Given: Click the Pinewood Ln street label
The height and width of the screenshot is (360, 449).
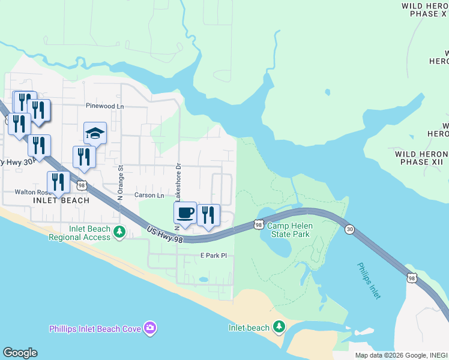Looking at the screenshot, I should pyautogui.click(x=104, y=106).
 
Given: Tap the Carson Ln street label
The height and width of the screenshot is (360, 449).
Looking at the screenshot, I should pyautogui.click(x=149, y=196).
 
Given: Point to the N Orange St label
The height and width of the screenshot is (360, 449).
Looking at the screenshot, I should pyautogui.click(x=120, y=182).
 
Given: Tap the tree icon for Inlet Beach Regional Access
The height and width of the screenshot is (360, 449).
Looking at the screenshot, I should pyautogui.click(x=119, y=232).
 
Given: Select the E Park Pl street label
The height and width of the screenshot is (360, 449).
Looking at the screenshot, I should pyautogui.click(x=214, y=256).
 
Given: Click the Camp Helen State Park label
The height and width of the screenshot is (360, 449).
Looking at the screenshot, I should pyautogui.click(x=288, y=230).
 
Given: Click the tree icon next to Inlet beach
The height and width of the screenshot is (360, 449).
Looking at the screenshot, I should pyautogui.click(x=279, y=327).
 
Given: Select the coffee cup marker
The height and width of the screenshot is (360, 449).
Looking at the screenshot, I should pyautogui.click(x=185, y=212).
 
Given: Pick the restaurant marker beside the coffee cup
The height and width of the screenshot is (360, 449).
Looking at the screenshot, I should pyautogui.click(x=208, y=215).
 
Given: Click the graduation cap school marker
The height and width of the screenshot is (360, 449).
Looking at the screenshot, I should pyautogui.click(x=95, y=133).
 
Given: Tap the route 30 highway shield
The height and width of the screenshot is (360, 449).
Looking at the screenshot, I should pyautogui.click(x=349, y=229).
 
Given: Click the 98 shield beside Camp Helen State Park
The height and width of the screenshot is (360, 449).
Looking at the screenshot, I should pyautogui.click(x=258, y=224).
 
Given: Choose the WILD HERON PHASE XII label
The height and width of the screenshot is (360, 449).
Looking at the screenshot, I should pyautogui.click(x=421, y=158).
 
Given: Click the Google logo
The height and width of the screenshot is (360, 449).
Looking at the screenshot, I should pyautogui.click(x=20, y=353).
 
